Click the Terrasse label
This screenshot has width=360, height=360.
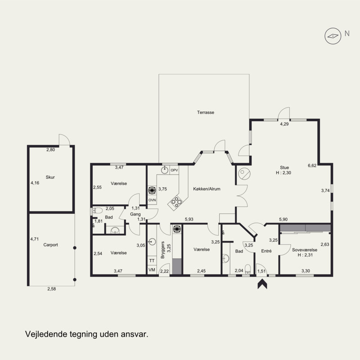pos(206,112)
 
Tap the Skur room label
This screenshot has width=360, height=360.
pos(50,177)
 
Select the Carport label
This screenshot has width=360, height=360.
pos(50,245)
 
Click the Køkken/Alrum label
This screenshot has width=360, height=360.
pos(207,189)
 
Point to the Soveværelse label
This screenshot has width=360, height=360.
pos(305,250)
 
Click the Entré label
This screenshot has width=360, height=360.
pos(266,251)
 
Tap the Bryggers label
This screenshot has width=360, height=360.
pos(163,250)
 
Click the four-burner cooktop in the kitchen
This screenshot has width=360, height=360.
pos(176,202)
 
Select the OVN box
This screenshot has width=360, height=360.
pos(152,200)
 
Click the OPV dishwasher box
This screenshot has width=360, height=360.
pos(174,170)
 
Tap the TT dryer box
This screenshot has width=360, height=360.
pos(152,261)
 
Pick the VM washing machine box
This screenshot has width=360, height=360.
pos(152,270)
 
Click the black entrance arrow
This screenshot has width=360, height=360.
pos(262,284)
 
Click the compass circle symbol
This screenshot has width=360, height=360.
pos(333,36)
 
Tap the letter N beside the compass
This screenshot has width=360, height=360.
pos(347,33)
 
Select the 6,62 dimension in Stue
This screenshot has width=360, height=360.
pos(312,165)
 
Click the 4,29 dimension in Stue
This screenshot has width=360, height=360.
pos(284,124)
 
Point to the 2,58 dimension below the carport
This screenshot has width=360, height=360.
pos(52,289)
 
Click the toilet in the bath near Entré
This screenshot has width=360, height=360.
pos(248,269)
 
